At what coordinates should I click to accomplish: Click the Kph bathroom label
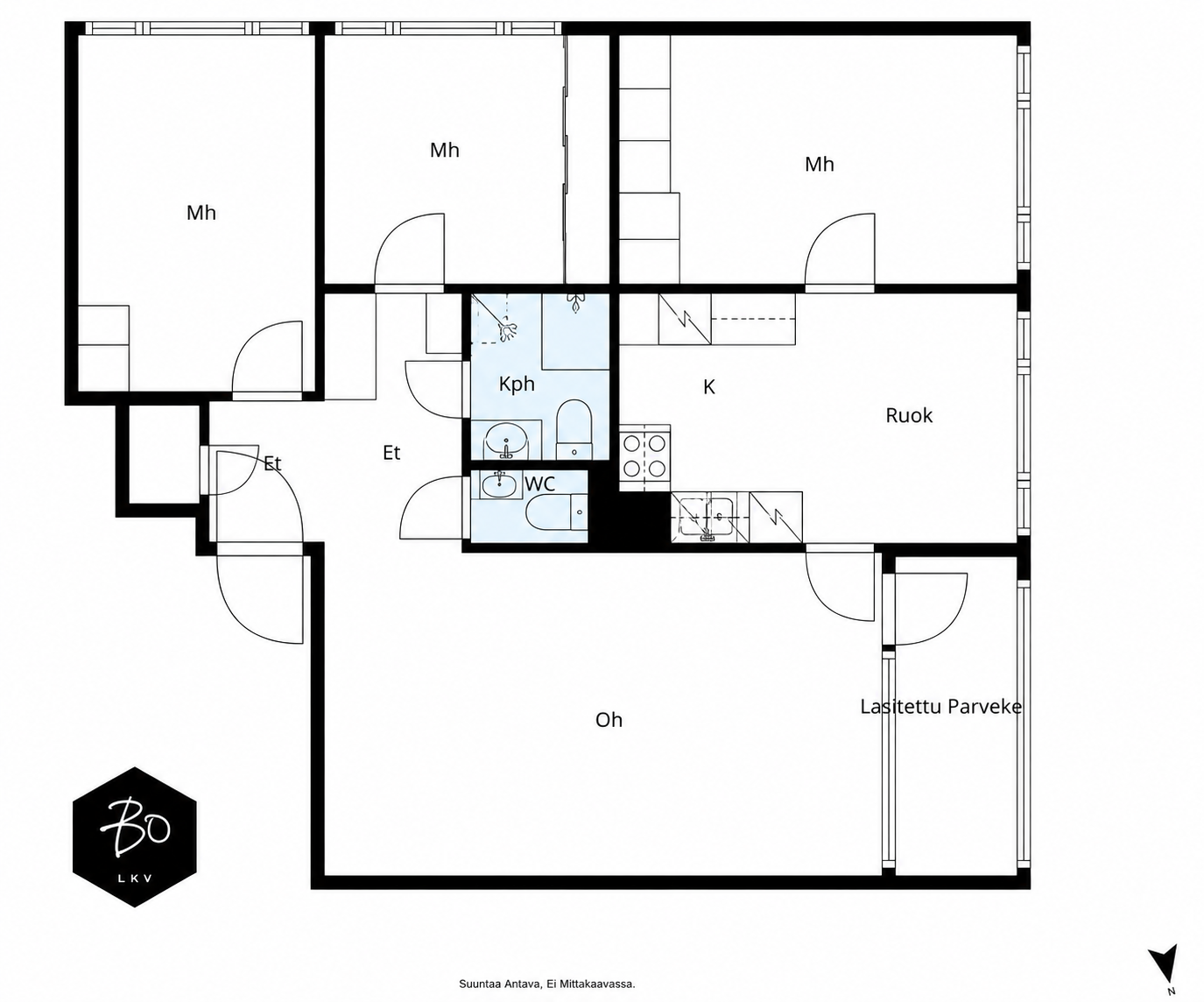click(x=517, y=385)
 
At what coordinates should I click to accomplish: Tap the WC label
click(x=539, y=483)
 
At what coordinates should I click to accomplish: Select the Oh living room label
click(x=609, y=720)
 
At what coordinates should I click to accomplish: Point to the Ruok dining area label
click(x=909, y=415)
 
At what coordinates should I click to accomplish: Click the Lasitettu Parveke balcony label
click(x=941, y=707)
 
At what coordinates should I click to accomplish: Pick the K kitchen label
click(x=709, y=387)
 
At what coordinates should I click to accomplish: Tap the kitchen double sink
click(x=709, y=517)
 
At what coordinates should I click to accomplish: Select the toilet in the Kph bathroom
click(x=574, y=430)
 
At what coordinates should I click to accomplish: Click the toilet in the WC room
click(x=557, y=512)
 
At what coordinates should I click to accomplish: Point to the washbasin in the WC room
click(x=499, y=484)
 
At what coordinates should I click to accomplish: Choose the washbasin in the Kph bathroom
click(x=506, y=441)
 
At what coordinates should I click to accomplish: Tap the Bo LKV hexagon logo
click(x=134, y=837)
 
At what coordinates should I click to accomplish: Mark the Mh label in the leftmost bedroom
click(x=201, y=213)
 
